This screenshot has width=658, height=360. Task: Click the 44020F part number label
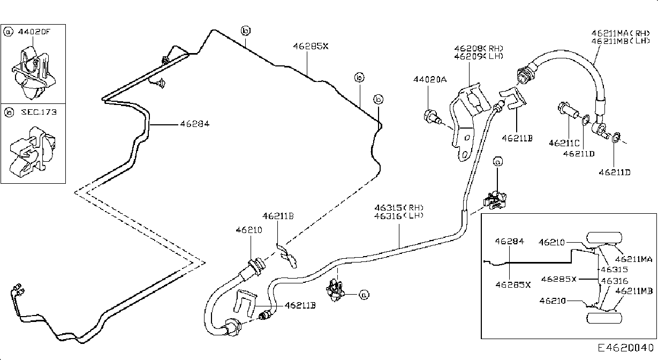click(x=34, y=32)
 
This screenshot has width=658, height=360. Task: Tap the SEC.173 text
click(x=39, y=112)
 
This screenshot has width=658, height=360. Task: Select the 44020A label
click(x=430, y=79)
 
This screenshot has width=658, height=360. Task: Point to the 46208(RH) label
click(x=479, y=48)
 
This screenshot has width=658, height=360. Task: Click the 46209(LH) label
click(x=479, y=56)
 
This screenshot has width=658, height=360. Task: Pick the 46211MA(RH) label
click(x=621, y=33)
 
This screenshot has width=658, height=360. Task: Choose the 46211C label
click(x=564, y=143)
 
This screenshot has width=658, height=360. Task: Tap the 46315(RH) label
click(x=399, y=208)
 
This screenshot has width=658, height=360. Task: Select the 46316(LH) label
click(x=399, y=216)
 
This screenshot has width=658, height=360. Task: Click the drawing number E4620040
click(x=626, y=348)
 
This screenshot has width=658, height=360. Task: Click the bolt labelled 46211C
click(x=568, y=111)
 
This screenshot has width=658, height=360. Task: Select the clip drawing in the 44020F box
click(x=33, y=72)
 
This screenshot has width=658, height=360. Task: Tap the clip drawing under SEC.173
click(x=32, y=152)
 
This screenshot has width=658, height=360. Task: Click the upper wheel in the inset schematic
click(x=604, y=238)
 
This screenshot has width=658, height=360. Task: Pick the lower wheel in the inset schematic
click(x=604, y=318)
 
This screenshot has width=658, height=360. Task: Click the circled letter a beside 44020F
click(x=8, y=32)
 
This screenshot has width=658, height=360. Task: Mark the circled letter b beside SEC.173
click(x=9, y=112)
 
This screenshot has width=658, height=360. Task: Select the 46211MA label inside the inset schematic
click(x=633, y=259)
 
